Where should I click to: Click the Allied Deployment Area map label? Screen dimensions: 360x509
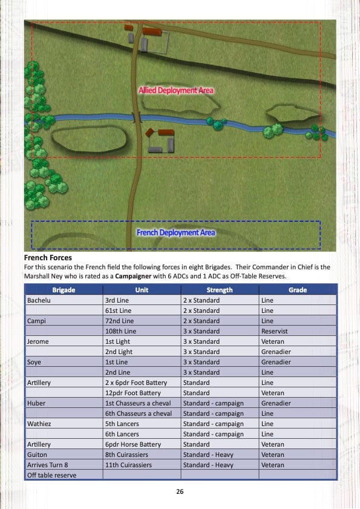coord(175,90)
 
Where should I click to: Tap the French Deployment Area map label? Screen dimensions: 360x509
coord(175,232)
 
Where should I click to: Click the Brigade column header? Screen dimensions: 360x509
coord(64,290)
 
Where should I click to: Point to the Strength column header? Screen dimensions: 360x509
coord(219,290)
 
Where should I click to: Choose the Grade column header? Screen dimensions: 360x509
coord(297,290)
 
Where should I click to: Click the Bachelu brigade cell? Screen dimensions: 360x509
coord(38,300)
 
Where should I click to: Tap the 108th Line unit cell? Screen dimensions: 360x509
coord(120,331)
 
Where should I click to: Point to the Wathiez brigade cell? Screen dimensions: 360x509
coord(39,424)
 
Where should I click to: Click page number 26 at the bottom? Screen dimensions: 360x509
coord(180,491)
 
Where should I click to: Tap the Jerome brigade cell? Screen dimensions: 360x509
coord(38,341)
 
